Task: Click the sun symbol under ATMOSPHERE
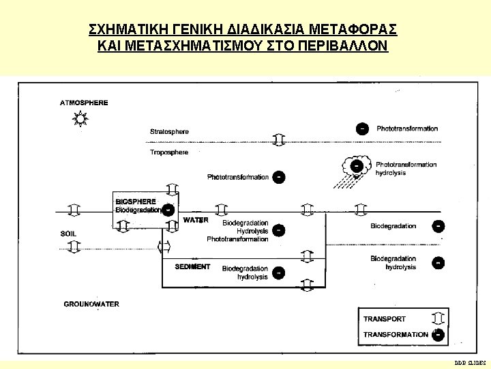[x=81, y=120]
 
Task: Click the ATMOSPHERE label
[x=84, y=102]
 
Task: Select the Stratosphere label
[x=169, y=131]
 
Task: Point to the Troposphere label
[x=168, y=152]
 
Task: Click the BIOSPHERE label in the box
[x=136, y=202]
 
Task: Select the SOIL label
[x=68, y=234]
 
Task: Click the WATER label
[x=196, y=220]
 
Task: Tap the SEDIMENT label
[x=192, y=266]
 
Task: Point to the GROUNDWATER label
[x=91, y=304]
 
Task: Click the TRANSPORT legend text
[x=384, y=319]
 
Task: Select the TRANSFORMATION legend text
[x=396, y=335]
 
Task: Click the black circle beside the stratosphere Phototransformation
[x=363, y=128]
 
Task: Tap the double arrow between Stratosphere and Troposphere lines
[x=278, y=140]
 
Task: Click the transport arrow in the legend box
[x=438, y=318]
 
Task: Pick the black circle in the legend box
[x=438, y=334]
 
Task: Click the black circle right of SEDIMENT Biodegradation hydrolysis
[x=278, y=273]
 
